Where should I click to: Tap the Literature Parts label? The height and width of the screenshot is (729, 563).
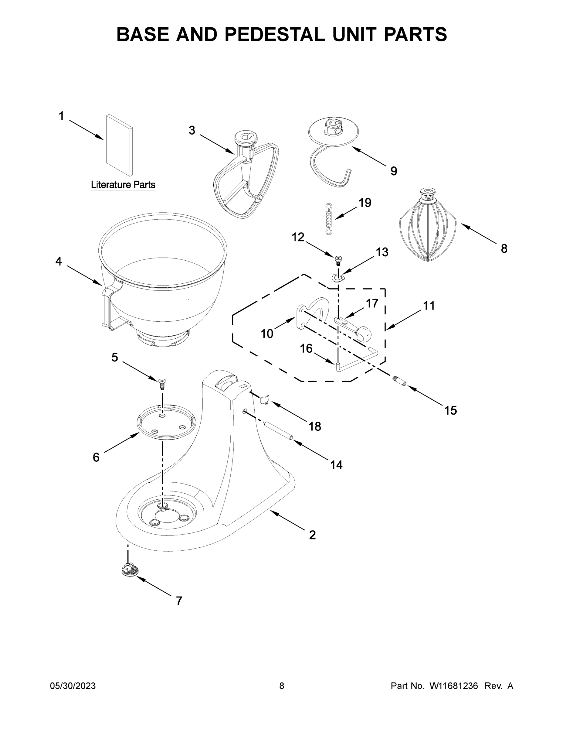click(x=123, y=185)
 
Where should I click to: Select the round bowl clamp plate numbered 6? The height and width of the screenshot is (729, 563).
click(x=166, y=422)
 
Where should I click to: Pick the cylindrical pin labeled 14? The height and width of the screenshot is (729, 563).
click(x=279, y=431)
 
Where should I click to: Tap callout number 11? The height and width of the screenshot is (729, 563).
click(x=429, y=305)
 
